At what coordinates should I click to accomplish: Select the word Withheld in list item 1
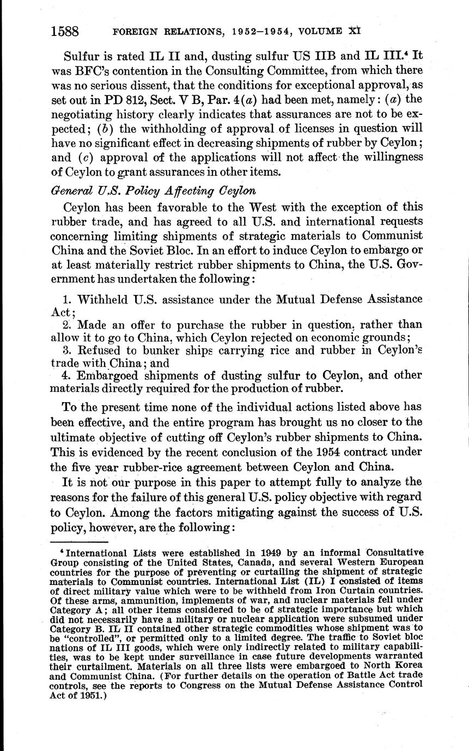(102, 299)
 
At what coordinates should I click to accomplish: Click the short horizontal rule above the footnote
(79, 542)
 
